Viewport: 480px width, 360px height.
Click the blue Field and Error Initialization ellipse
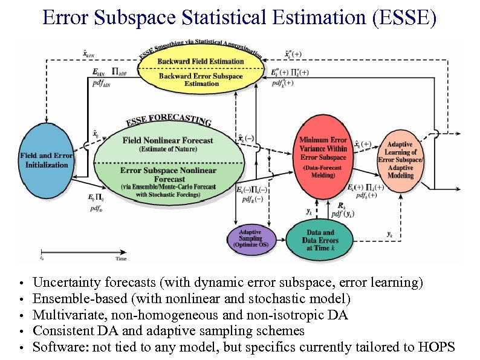pos(47,160)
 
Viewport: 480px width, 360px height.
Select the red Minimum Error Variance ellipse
pos(323,157)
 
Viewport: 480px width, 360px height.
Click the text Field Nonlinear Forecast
pos(167,140)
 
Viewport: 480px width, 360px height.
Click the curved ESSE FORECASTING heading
pos(169,119)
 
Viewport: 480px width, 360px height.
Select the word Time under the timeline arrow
pos(121,258)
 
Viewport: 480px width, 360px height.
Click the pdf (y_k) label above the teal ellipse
pos(343,214)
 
